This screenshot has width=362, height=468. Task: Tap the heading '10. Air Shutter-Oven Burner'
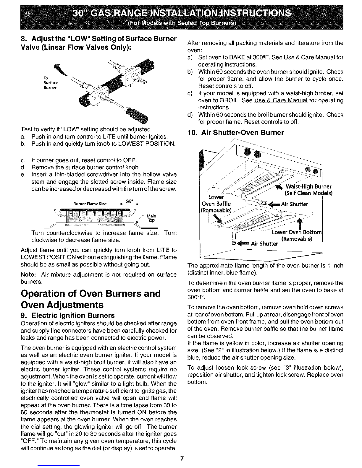[236, 133]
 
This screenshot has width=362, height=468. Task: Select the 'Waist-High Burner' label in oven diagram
[308, 186]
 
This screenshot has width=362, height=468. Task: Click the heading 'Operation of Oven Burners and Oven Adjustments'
[91, 299]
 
